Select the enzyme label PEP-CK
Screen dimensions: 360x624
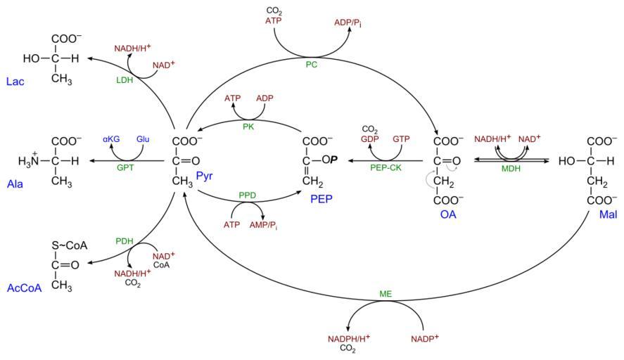click(x=386, y=169)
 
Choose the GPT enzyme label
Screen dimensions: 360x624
click(x=126, y=169)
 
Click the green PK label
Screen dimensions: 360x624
click(x=248, y=127)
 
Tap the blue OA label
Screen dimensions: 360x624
click(x=448, y=214)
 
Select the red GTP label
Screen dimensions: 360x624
click(x=401, y=140)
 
